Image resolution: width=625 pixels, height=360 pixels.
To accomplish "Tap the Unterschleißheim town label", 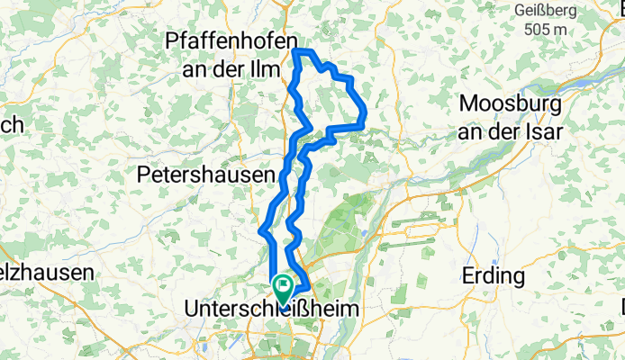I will pyautogui.click(x=269, y=309).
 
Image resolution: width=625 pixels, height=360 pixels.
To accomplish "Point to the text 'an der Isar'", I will pyautogui.click(x=511, y=130).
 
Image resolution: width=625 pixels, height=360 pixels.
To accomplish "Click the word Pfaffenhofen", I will pyautogui.click(x=231, y=41).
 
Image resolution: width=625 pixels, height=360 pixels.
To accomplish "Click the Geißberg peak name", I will pyautogui.click(x=545, y=10).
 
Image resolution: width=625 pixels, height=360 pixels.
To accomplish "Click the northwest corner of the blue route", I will pyautogui.click(x=296, y=52).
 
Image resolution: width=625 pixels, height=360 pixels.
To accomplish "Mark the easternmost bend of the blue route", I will pyautogui.click(x=363, y=114).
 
